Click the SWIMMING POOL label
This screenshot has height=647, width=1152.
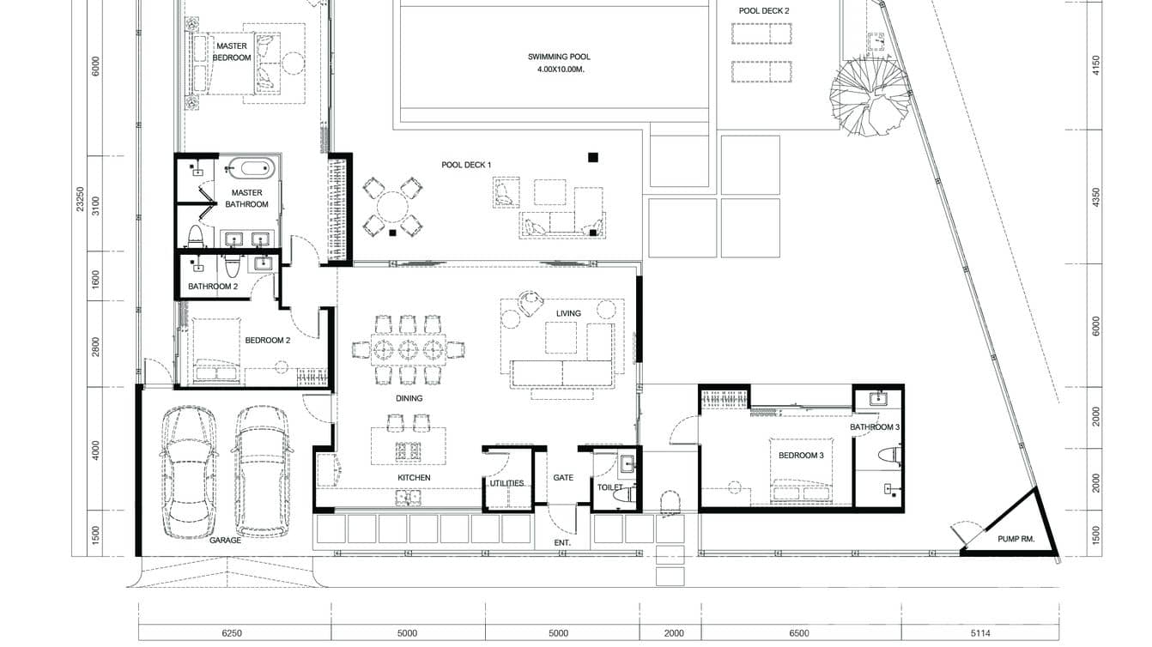click(559, 57)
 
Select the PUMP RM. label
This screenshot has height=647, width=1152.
click(1016, 539)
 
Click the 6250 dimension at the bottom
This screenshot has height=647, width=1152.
click(232, 633)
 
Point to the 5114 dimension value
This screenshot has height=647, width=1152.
click(980, 633)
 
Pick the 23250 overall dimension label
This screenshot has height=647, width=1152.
click(80, 199)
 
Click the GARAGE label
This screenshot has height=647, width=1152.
click(225, 540)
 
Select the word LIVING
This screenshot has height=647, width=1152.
click(568, 313)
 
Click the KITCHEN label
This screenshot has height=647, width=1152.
click(414, 477)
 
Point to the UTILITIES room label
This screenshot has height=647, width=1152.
click(506, 483)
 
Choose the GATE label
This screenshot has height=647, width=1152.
click(563, 477)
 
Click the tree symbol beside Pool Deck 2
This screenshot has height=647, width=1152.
click(869, 97)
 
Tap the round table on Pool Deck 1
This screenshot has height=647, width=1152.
click(392, 207)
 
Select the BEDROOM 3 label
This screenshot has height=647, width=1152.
click(801, 456)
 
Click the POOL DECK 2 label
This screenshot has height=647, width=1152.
click(764, 11)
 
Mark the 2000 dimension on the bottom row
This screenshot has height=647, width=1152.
click(674, 633)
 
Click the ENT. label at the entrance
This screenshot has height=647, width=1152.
click(562, 542)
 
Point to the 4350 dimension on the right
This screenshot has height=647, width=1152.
click(1095, 197)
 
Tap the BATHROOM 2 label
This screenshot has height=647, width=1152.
click(213, 287)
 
